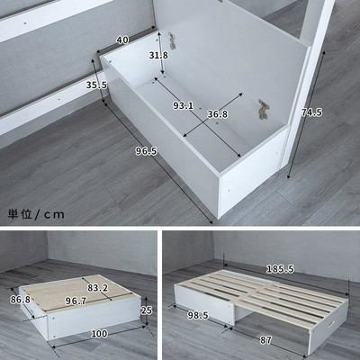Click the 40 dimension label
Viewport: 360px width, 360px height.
tap(122, 40)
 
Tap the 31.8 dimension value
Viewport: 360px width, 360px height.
tap(158, 55)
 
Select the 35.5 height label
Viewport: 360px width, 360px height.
tap(96, 85)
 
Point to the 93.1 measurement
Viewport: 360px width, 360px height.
tap(183, 105)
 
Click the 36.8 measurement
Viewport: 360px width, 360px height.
tap(218, 114)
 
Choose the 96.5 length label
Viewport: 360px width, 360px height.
tap(146, 151)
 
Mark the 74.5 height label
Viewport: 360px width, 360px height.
tap(311, 112)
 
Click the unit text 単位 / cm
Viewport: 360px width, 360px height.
tap(36, 214)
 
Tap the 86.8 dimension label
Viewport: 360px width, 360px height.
tap(21, 300)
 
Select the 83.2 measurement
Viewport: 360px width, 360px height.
tap(98, 288)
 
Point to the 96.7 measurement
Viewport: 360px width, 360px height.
tap(76, 301)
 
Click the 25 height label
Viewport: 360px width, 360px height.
tap(147, 310)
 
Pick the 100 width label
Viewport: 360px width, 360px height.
tap(99, 334)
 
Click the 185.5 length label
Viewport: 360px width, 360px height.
tap(281, 269)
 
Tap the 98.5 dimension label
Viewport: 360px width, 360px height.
tap(198, 315)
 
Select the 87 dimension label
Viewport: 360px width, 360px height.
tap(265, 340)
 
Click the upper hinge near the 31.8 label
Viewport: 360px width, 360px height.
tap(172, 41)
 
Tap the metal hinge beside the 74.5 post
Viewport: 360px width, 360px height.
tap(264, 110)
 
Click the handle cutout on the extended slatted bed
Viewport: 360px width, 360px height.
tap(332, 325)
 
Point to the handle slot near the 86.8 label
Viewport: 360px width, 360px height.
tap(29, 312)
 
